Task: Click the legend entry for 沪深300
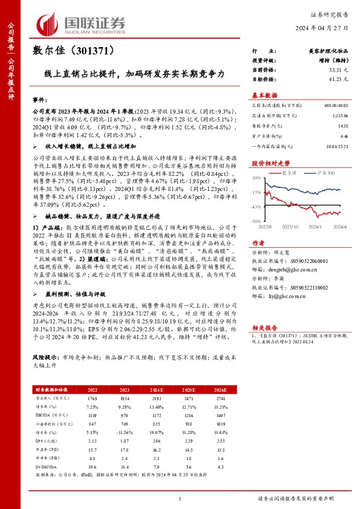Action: (315, 173)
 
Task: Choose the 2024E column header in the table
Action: (158, 391)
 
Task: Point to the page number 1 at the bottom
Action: (180, 499)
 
